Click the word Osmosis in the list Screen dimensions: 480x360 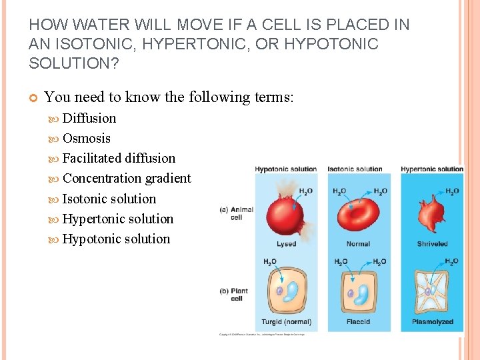tap(86, 139)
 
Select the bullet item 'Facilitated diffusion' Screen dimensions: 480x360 tap(119, 159)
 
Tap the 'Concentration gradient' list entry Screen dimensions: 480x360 tap(127, 179)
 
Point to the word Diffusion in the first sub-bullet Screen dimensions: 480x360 tap(89, 119)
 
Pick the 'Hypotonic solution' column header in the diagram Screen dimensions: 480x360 tap(285, 169)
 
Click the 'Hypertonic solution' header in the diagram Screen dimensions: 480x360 tap(431, 169)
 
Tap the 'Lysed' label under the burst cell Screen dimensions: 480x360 tap(286, 244)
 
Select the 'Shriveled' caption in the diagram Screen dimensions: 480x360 tap(432, 244)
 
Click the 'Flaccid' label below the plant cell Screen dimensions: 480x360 tap(358, 322)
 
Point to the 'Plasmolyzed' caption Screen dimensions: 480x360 tap(432, 322)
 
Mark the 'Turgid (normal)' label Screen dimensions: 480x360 tap(287, 322)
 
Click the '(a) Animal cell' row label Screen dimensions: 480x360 tap(237, 213)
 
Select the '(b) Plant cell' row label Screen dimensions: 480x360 tap(236, 294)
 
